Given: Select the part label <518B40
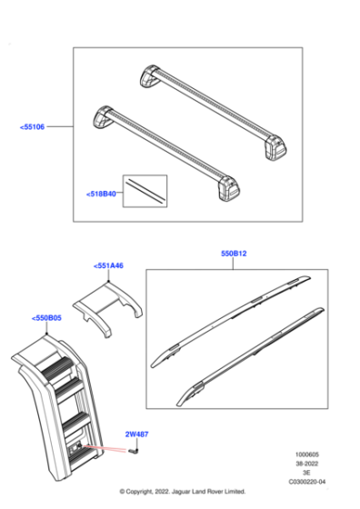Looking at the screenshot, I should tap(102, 194).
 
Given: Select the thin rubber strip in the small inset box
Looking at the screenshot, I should tap(145, 188).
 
